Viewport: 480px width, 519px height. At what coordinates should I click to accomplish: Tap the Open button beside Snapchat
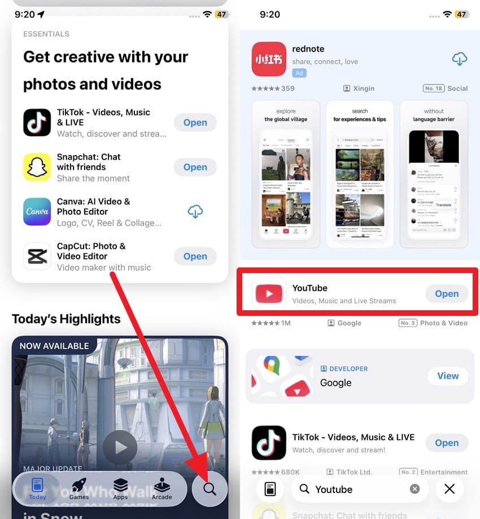[195, 167]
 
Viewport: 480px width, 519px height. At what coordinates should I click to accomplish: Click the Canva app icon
[37, 212]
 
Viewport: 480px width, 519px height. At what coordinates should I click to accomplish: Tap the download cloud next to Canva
[195, 212]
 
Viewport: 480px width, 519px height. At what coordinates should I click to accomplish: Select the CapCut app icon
[37, 256]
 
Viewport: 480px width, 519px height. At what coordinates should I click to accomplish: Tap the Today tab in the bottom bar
[37, 489]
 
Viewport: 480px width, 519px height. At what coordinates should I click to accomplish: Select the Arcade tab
[162, 489]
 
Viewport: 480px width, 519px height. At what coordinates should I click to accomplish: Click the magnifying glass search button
[210, 489]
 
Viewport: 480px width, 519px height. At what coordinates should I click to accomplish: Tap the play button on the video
[120, 447]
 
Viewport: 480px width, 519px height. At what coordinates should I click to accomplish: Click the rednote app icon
[269, 59]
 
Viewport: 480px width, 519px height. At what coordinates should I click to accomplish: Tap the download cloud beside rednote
[460, 59]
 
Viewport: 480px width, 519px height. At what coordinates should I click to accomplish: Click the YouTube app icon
[269, 293]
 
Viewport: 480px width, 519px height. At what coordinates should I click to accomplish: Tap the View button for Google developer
[448, 376]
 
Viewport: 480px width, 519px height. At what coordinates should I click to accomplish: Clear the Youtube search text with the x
[414, 489]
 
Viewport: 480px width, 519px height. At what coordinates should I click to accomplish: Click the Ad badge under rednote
[299, 73]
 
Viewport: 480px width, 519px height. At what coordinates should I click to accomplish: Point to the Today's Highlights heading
[66, 319]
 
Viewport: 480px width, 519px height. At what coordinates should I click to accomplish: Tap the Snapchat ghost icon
[37, 167]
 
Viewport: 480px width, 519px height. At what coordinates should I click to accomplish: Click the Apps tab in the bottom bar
[120, 489]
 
